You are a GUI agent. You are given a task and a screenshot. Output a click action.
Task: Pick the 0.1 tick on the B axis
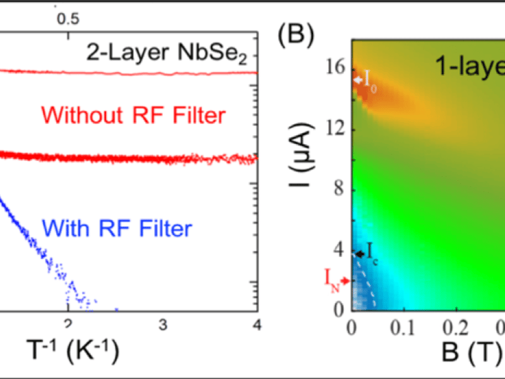403,328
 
